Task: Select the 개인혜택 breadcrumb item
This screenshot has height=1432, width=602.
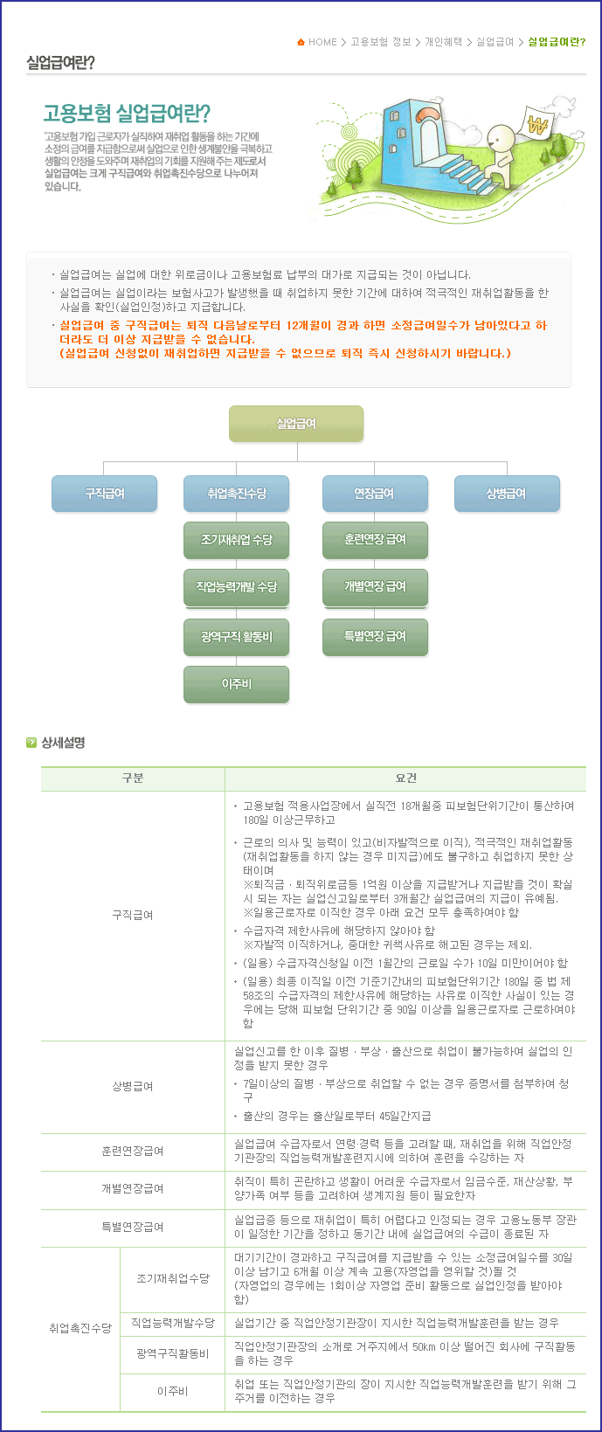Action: [x=443, y=42]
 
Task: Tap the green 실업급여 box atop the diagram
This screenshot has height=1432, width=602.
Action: [x=296, y=424]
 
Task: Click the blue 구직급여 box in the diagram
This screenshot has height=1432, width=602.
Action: [x=105, y=494]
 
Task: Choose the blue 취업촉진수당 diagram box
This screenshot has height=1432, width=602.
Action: [x=237, y=494]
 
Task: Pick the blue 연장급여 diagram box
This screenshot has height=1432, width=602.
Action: [x=375, y=494]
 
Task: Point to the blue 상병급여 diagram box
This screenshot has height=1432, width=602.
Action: [x=507, y=494]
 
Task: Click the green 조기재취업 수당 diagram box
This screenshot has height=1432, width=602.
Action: [x=237, y=540]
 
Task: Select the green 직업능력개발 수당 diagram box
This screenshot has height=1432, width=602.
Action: [x=237, y=587]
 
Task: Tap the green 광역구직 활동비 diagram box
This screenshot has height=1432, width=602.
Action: [x=237, y=637]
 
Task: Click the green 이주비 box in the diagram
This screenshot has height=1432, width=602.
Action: [x=237, y=684]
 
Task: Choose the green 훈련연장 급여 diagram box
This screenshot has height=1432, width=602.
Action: [x=375, y=540]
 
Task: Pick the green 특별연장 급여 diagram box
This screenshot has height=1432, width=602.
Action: [x=375, y=637]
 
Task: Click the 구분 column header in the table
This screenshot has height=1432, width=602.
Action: [x=133, y=778]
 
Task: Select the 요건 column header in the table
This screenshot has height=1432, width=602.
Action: [x=405, y=778]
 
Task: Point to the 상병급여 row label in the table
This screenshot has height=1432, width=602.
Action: [x=133, y=1086]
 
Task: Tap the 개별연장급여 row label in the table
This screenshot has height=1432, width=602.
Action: [x=133, y=1188]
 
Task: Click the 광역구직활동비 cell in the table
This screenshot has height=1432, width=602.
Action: [x=172, y=1353]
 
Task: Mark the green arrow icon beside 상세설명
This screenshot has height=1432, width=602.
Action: [x=31, y=743]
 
